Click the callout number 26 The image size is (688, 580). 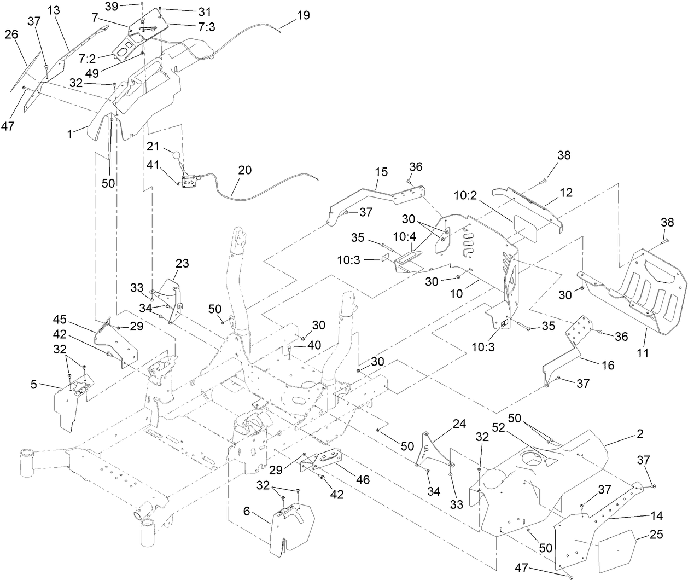click(11, 34)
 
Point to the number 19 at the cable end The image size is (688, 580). click(302, 15)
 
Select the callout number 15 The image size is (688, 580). click(381, 172)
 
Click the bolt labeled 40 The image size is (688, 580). click(289, 349)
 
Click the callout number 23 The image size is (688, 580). click(182, 263)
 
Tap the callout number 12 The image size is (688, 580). click(566, 192)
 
